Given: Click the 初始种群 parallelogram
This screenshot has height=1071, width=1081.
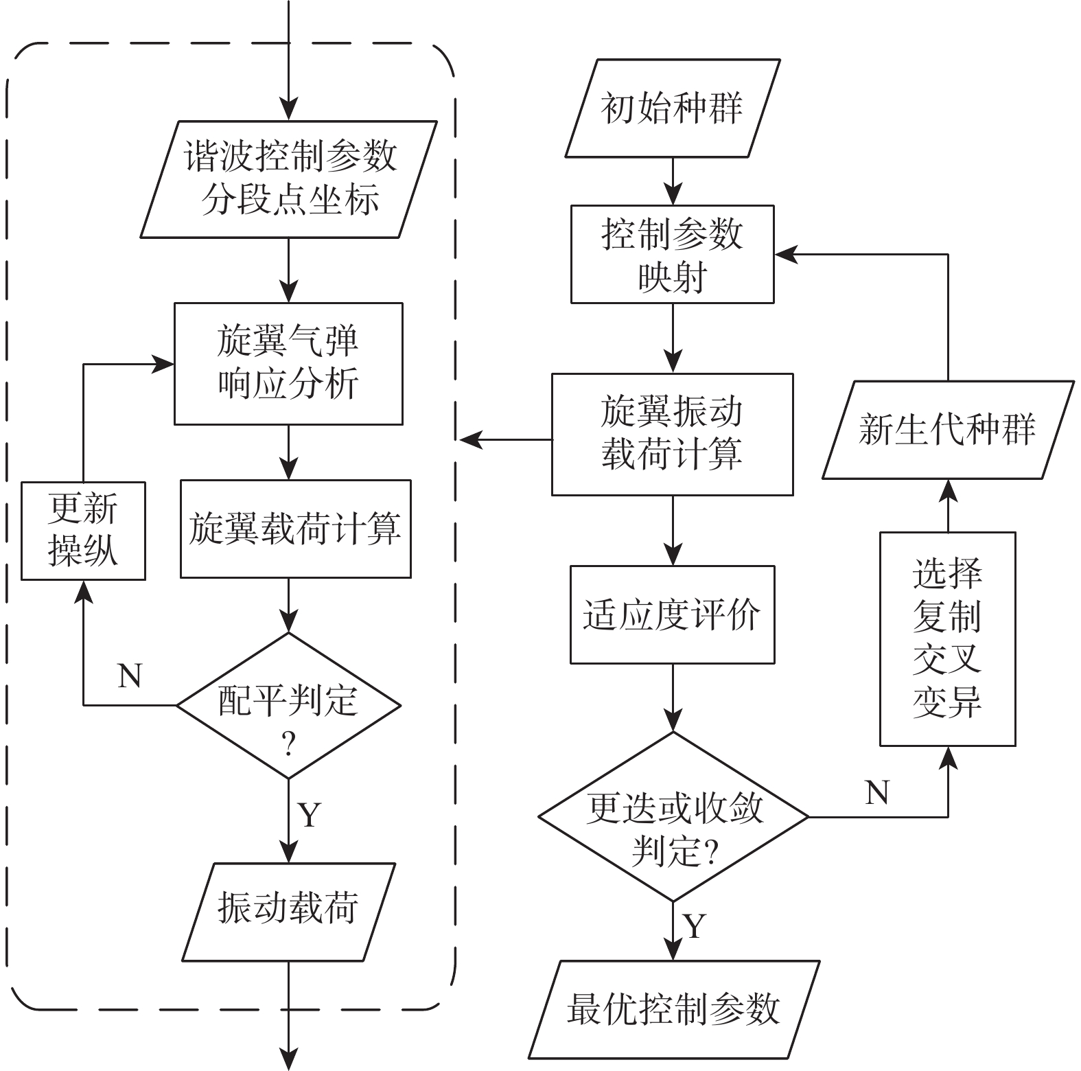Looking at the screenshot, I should pos(673,108).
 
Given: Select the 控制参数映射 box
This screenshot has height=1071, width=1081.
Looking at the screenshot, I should pos(673,254).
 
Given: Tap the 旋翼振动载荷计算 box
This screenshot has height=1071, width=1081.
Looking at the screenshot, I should pos(673,434).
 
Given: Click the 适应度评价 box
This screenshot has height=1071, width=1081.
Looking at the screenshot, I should pos(673,614).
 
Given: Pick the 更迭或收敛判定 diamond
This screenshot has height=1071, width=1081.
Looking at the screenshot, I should pos(673,817).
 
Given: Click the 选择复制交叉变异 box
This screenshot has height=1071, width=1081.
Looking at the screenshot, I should pos(947,638).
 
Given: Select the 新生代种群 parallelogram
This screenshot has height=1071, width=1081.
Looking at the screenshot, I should pos(947,430).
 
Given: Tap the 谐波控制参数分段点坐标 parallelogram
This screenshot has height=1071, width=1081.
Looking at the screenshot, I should pos(289,179).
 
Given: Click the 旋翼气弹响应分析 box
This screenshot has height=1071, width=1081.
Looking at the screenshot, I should pos(288,364).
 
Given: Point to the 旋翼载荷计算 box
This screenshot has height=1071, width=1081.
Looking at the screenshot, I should pos(295,529).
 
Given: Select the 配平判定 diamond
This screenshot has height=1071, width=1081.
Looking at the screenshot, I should pos(288,705).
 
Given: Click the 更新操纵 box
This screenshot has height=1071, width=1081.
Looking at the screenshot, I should pos(83,531).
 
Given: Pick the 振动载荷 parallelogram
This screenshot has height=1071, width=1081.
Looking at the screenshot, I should pos(288,911).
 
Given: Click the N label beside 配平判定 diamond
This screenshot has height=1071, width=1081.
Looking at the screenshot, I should pos(130,676).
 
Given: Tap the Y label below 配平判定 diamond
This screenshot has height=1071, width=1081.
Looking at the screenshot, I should pos(310,815).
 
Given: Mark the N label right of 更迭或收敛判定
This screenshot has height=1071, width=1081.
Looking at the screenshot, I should pos(878,793).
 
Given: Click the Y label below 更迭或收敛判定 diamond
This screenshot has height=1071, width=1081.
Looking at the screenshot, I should pos(695,926).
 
